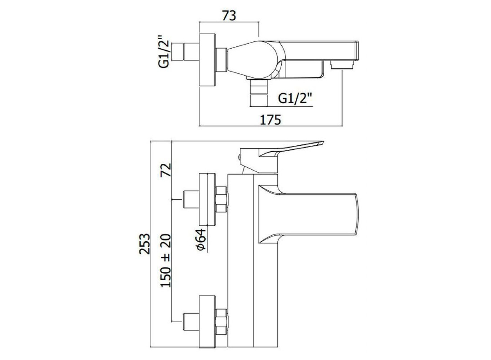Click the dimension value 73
[229, 16]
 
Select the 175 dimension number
[270, 120]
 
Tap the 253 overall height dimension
[145, 244]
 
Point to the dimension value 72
[166, 170]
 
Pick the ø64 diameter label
[201, 239]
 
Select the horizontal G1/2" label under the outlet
[295, 98]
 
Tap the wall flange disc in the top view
[207, 61]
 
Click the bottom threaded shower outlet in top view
[259, 93]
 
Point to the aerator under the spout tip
[342, 65]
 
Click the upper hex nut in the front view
[222, 199]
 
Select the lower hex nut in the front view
[222, 321]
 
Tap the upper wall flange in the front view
[207, 199]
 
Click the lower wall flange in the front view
[207, 322]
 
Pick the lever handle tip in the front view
[323, 143]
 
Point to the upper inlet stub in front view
[191, 199]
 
